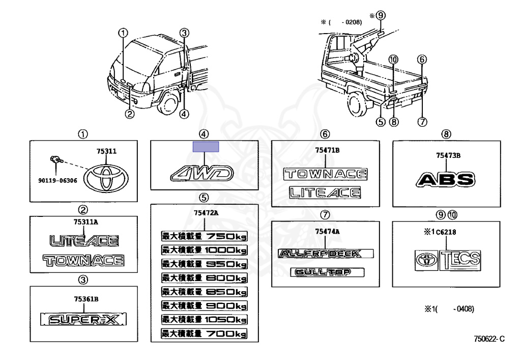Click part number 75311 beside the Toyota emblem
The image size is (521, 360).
(107, 151)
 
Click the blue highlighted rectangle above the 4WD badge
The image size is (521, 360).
(206, 147)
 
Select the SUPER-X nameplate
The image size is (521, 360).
(83, 319)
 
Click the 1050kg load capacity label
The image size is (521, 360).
(204, 320)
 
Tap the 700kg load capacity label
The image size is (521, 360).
(204, 334)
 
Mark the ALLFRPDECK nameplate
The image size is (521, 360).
(326, 254)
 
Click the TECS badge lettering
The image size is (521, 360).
(460, 259)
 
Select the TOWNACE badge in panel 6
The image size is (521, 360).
(326, 174)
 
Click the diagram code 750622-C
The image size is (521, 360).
(489, 339)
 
